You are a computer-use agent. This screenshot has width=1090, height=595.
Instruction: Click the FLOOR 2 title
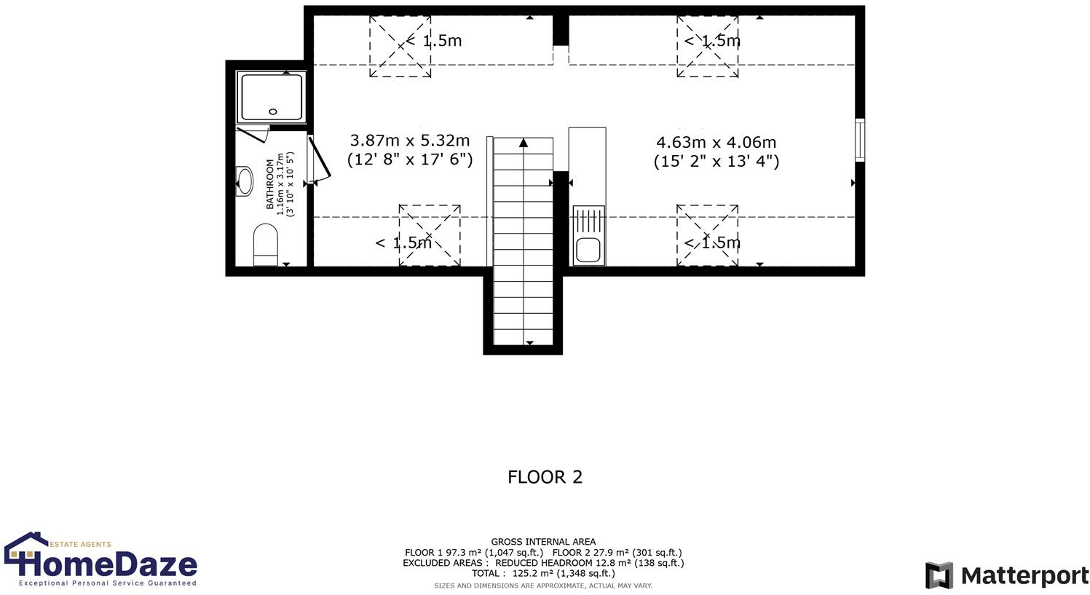click(545, 477)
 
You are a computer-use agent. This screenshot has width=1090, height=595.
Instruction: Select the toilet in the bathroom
click(265, 244)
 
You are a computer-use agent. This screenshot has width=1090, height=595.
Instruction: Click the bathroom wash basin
click(245, 181)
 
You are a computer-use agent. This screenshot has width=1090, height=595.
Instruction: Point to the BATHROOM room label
click(270, 184)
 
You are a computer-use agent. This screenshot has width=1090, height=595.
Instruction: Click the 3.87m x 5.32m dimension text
click(410, 141)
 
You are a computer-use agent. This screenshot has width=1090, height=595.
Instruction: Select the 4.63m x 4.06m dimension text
click(716, 143)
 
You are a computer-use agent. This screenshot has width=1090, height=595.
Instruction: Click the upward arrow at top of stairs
click(523, 143)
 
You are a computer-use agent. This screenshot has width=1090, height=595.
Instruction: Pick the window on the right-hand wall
click(860, 140)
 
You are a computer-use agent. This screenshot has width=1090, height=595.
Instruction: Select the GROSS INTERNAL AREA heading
click(543, 542)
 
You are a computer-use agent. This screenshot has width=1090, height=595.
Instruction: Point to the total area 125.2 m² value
click(543, 573)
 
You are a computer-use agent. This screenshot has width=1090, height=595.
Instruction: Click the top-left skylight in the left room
click(400, 47)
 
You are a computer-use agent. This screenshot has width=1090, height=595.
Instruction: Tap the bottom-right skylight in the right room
click(707, 235)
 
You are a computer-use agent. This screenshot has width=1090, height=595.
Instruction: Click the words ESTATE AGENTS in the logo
click(81, 544)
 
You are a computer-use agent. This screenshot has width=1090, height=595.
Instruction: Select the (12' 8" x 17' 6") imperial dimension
click(410, 159)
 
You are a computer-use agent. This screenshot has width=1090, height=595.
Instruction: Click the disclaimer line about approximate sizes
click(543, 586)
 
